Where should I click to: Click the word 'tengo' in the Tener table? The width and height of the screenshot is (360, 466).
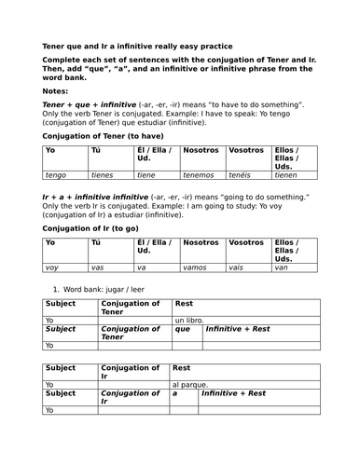58,173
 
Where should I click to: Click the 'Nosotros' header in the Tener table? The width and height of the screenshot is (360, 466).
201,149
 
